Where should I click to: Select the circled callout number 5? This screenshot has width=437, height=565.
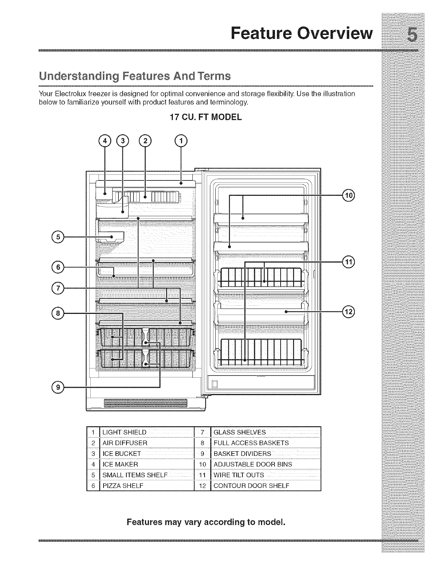[x=57, y=236]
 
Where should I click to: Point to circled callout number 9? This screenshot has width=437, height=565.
[x=57, y=386]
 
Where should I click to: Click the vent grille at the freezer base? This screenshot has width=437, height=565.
[x=145, y=403]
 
